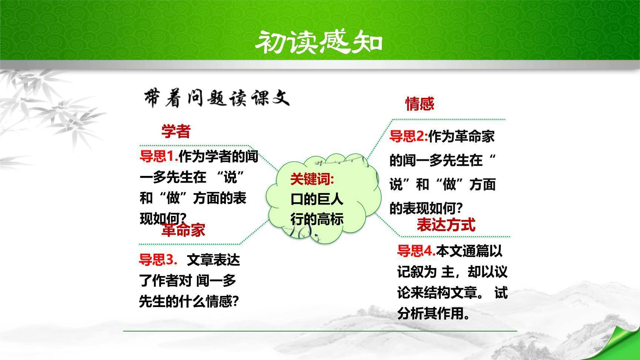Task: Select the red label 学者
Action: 176,131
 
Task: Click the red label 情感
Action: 419,104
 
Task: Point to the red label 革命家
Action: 183,230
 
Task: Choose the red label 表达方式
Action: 446,225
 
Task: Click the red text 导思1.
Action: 159,157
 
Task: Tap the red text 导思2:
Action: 408,137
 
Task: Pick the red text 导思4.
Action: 416,251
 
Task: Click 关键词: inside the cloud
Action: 312,179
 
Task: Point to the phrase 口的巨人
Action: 317,199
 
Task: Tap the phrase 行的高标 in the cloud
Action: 317,219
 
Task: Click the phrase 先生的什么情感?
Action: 189,301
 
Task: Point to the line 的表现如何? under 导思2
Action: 426,209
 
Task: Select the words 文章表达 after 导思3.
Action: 213,260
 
